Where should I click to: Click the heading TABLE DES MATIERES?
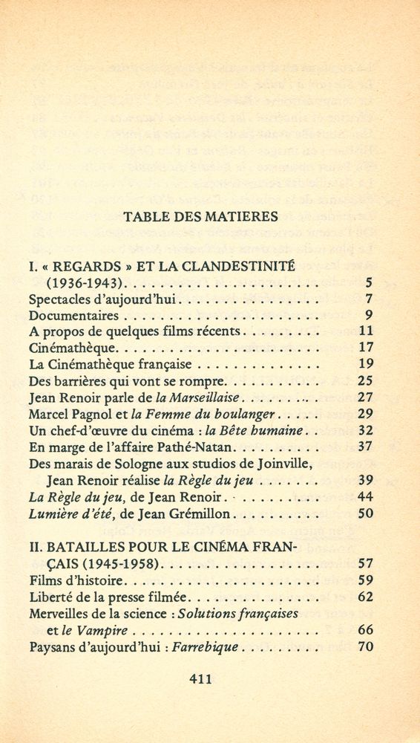[x=200, y=218]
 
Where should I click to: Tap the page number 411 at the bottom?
[x=201, y=678]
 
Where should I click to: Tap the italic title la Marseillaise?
[x=197, y=398]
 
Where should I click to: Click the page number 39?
[x=364, y=479]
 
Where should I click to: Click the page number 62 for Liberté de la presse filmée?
[x=364, y=597]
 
